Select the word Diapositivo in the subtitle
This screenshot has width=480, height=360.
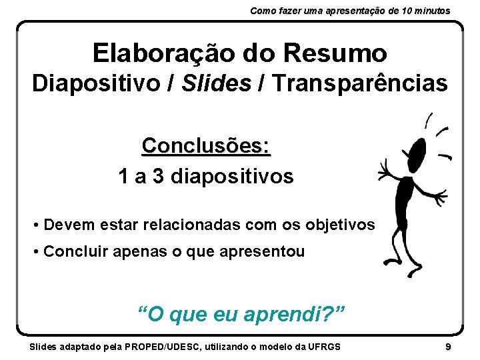[x=91, y=84]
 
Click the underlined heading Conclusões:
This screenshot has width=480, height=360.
[x=206, y=145]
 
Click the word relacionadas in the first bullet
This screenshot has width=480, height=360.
[x=188, y=225]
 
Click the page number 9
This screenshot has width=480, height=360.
[x=448, y=347]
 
